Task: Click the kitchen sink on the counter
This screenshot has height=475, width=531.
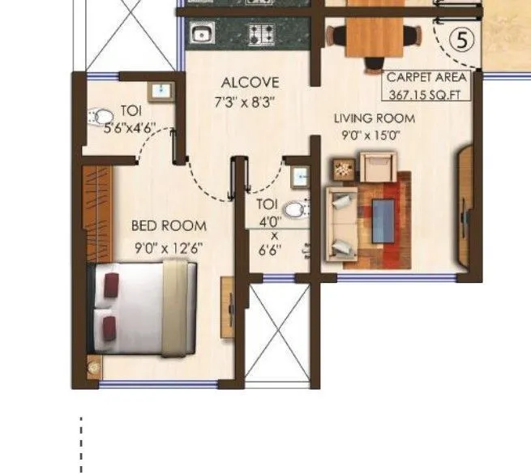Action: (200, 34)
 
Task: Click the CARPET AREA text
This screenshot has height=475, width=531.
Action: (426, 78)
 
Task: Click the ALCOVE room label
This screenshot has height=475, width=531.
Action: (250, 83)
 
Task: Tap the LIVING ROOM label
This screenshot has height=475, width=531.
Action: (375, 118)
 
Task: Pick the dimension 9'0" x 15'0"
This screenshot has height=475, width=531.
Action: (375, 135)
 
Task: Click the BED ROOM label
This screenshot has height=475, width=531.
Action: (169, 225)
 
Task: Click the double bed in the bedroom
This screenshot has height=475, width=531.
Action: (144, 310)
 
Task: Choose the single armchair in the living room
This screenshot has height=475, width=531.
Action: (376, 169)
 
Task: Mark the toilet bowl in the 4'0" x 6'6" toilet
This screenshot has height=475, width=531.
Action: (298, 210)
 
